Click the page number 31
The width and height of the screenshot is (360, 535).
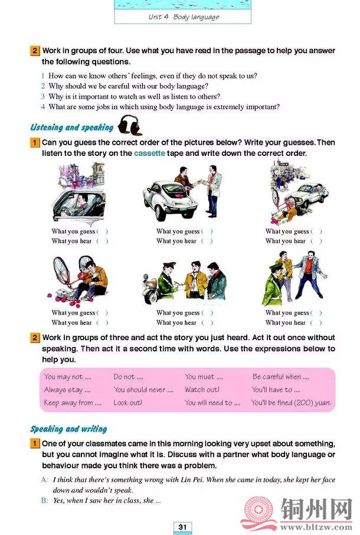click(x=182, y=527)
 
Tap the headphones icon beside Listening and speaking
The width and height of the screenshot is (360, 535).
click(x=129, y=125)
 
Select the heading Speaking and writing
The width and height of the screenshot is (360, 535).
click(x=68, y=429)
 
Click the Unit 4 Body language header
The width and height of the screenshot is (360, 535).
click(x=184, y=17)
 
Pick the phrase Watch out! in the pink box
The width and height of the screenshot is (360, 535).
click(x=202, y=390)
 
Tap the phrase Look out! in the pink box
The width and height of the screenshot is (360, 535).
click(x=128, y=403)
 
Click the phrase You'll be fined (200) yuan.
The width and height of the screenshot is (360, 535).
click(x=291, y=403)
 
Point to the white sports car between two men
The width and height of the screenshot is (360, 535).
click(x=169, y=200)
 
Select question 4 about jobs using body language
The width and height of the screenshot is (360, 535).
click(x=163, y=107)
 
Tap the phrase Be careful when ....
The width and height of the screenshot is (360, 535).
click(x=280, y=377)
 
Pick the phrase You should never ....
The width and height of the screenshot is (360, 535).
click(x=143, y=390)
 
